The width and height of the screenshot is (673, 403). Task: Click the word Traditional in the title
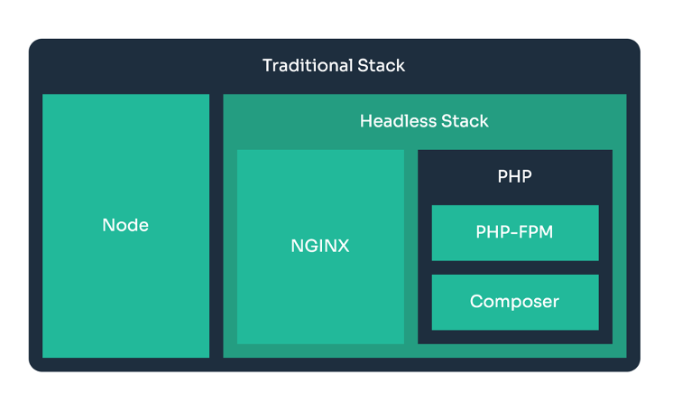308,65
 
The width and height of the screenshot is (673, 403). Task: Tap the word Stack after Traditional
381,65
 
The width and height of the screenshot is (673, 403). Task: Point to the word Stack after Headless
465,121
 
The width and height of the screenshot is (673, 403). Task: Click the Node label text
125,225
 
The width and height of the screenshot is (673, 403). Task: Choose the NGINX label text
320,246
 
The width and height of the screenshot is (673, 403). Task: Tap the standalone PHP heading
514,176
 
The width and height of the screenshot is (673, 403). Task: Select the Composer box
515,303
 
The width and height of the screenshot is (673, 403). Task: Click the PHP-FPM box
515,233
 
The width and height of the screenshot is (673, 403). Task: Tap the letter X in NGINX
343,246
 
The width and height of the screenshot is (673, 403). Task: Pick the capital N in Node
108,225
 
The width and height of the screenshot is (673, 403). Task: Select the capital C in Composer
477,302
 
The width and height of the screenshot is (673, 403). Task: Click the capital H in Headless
365,121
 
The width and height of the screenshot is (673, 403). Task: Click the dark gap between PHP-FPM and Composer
515,267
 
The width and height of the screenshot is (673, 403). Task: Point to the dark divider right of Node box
217,226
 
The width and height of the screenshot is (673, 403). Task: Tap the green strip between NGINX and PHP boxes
410,247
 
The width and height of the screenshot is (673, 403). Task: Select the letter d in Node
133,225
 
